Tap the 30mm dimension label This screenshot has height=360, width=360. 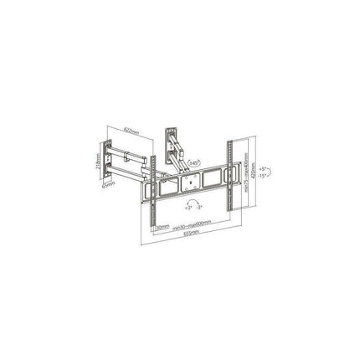(x=160, y=224)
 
